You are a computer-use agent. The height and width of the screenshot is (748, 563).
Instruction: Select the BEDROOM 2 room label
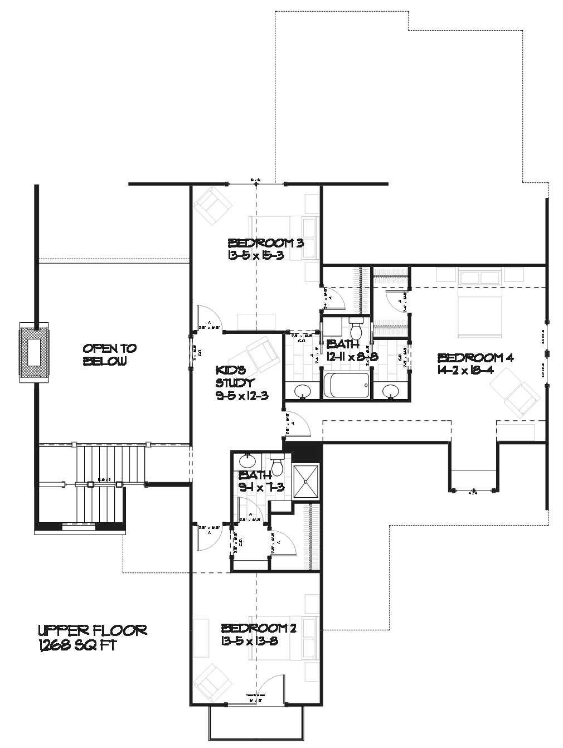258,628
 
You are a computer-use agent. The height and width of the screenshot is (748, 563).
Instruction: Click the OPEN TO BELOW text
110,354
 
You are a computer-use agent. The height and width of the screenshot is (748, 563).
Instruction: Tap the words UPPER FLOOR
92,630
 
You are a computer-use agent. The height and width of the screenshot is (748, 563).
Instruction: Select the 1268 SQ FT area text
77,645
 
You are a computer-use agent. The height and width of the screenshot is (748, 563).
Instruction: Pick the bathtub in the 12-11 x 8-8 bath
346,386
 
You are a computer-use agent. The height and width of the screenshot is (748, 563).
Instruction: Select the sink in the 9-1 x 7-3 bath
246,461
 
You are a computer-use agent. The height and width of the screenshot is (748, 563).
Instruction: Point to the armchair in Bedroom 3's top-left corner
213,206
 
